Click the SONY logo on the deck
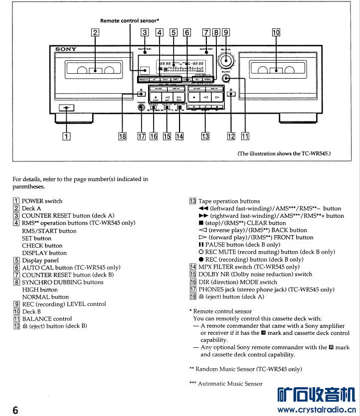[66, 49]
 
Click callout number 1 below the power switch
[65, 136]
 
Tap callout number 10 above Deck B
[276, 33]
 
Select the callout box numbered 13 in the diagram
[205, 136]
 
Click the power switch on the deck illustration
[66, 108]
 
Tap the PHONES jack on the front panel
[142, 107]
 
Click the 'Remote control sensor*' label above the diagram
[130, 20]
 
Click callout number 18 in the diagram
[122, 136]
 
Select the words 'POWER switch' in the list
[42, 201]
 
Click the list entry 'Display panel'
[40, 260]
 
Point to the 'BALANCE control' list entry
[47, 319]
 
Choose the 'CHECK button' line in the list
[42, 246]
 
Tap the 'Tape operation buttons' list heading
[229, 201]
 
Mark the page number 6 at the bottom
[15, 410]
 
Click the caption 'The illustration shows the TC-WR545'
[284, 153]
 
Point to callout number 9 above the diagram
[226, 33]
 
